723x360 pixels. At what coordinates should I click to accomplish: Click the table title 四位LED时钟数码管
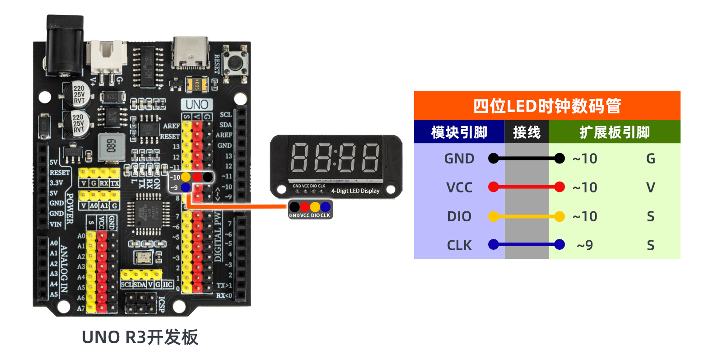547,106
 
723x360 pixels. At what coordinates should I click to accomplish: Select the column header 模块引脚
459,132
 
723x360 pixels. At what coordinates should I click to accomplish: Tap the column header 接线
527,132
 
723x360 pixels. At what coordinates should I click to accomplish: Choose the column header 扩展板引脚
614,132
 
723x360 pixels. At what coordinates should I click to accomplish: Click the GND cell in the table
459,159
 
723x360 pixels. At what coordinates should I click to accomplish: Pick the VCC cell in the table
459,187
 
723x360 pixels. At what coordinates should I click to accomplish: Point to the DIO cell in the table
459,216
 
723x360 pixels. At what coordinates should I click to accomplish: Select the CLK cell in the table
459,245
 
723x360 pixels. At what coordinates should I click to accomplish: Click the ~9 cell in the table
585,245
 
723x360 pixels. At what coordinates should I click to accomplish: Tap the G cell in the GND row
650,159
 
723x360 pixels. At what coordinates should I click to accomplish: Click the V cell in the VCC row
650,187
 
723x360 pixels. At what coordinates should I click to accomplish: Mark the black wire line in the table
527,158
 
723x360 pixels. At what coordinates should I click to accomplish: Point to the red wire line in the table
527,187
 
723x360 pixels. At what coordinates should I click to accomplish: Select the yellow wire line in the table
527,217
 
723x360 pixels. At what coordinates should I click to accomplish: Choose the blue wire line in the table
527,244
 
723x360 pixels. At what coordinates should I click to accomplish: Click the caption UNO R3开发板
140,337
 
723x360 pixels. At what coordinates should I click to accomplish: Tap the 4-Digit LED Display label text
355,191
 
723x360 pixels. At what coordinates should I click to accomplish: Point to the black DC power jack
65,45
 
